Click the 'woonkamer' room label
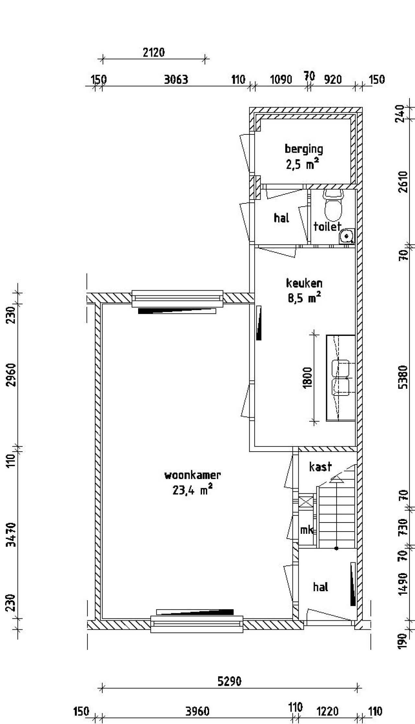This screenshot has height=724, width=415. pos(193,475)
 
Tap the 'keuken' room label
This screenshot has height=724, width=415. pos(304,283)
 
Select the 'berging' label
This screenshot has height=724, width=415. pos(304,149)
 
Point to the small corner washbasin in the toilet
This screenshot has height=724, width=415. pos(347,236)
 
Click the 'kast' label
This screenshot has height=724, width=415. pos(320,467)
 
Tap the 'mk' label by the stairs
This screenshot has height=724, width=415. pos(306,530)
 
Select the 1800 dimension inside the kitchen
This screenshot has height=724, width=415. pos(307,377)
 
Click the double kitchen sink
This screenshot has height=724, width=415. pos(340,378)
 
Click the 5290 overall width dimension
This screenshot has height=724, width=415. pos(229,682)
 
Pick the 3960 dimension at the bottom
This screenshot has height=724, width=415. pos(197,712)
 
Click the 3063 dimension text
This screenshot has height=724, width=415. pos(176,80)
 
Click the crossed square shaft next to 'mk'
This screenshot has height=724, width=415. pos(306,502)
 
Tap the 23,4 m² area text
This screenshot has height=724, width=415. pos(193,490)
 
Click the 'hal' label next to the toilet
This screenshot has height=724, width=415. pos(281,218)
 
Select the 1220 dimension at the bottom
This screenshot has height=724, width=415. pos(327,712)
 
